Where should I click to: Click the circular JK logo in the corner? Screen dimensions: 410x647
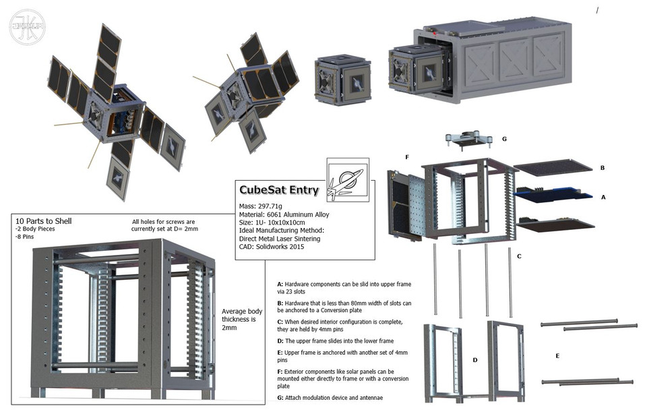tap(27, 27)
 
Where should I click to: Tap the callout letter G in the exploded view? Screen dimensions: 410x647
tap(504, 139)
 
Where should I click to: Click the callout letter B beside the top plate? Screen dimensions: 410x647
tap(602, 167)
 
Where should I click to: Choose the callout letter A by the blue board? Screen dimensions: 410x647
tap(603, 198)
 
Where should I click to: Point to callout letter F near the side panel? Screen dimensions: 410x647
tap(406, 156)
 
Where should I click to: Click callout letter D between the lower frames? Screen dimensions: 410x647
tap(474, 359)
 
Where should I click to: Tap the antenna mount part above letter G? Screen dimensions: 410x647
tap(464, 140)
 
